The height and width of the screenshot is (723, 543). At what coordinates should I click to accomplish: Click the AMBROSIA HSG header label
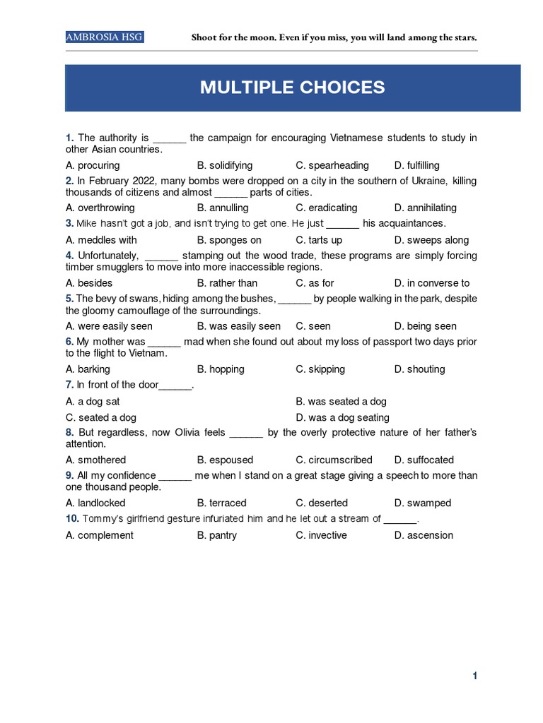(105, 37)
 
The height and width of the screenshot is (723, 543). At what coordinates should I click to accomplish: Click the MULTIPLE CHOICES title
(292, 88)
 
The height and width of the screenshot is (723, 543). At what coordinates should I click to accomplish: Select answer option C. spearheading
(332, 165)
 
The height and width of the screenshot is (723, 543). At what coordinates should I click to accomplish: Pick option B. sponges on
(229, 240)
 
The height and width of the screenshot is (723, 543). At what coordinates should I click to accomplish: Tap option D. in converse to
(432, 283)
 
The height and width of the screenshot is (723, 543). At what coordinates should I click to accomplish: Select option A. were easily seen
(109, 326)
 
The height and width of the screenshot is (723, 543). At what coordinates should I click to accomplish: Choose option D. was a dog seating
(342, 417)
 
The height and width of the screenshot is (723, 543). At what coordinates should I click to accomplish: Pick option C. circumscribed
(334, 460)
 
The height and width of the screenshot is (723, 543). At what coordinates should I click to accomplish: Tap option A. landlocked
(95, 503)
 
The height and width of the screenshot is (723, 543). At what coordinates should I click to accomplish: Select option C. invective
(321, 535)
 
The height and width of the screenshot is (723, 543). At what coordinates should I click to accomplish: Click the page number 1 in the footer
(475, 676)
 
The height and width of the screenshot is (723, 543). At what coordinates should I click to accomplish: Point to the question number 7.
(69, 385)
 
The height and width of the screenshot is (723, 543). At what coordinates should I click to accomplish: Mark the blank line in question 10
(400, 519)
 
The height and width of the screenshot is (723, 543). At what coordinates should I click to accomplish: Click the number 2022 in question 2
(146, 181)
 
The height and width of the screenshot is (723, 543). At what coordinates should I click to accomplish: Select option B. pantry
(217, 535)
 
